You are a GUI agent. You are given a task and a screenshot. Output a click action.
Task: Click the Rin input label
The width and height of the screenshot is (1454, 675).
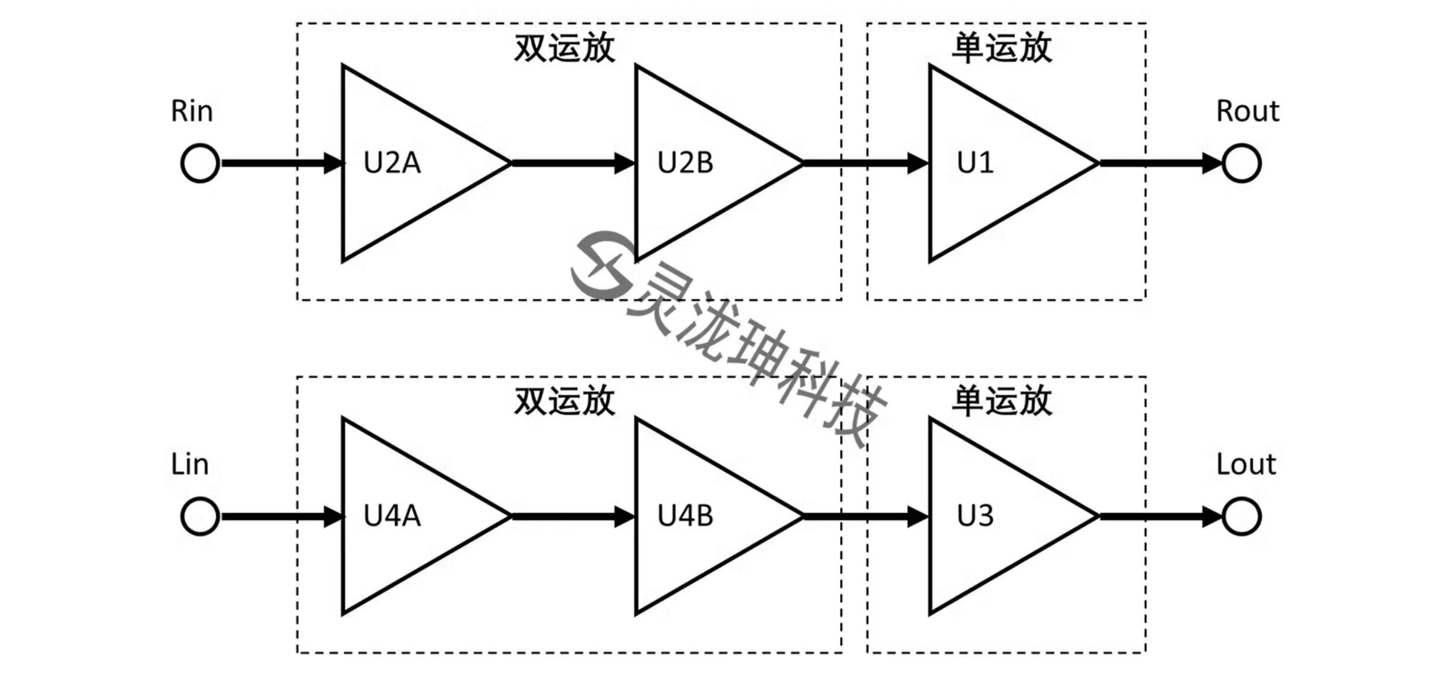(x=191, y=111)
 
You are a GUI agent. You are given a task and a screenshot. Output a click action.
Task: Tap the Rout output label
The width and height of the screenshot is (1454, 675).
(x=1247, y=111)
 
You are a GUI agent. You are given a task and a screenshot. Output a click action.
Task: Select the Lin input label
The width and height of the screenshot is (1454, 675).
(x=189, y=465)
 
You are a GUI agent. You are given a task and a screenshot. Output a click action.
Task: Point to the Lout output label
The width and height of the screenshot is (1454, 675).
(x=1246, y=465)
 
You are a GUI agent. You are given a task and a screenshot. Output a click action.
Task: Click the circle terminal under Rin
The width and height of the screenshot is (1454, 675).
(x=200, y=163)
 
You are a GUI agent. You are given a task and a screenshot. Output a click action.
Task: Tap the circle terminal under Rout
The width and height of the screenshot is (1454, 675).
(x=1241, y=163)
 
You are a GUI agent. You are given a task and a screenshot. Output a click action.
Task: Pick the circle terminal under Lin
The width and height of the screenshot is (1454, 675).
(x=200, y=516)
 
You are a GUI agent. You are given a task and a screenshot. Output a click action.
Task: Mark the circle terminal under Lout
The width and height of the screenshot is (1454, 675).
(x=1241, y=516)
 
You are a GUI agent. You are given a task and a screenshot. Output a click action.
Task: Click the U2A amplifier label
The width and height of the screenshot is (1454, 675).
(x=392, y=163)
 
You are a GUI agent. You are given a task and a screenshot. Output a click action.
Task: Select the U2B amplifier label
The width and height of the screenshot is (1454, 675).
(x=685, y=163)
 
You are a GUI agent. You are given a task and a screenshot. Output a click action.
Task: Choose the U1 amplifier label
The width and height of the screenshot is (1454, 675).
(x=975, y=163)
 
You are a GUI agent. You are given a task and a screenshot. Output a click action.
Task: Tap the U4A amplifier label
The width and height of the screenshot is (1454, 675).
(x=392, y=516)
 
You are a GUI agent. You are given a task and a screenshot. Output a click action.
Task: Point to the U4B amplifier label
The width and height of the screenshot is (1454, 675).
(x=685, y=516)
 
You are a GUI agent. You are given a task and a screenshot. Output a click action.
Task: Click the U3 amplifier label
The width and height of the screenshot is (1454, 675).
(x=975, y=516)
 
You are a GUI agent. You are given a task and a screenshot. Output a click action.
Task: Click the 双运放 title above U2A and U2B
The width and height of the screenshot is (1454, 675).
(x=564, y=48)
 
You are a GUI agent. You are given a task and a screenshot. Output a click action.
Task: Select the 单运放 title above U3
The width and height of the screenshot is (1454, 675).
(x=1001, y=401)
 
